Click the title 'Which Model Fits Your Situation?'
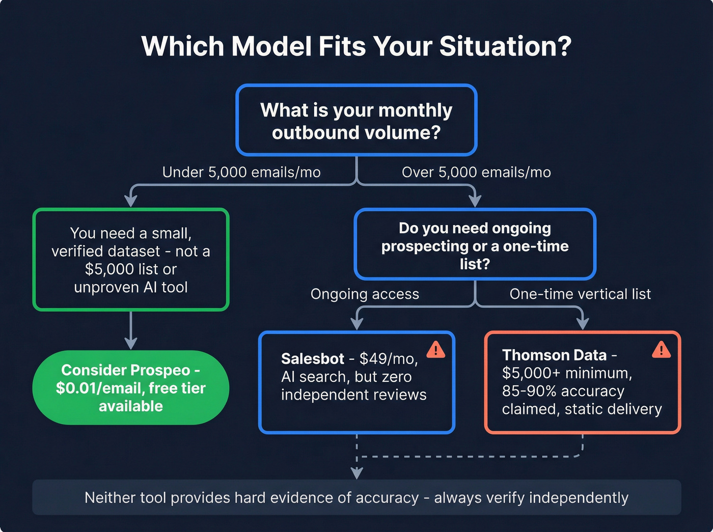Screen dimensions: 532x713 coord(356,46)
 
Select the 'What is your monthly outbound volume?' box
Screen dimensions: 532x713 coord(356,121)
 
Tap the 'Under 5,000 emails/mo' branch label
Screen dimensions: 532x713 coord(241,173)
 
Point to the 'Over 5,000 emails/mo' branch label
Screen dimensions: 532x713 coord(476,173)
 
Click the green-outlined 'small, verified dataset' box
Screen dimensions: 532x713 coord(131,260)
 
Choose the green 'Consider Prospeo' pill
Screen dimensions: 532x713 coord(131,388)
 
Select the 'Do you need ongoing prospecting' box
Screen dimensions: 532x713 coord(475,245)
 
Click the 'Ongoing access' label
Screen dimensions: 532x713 coord(365,294)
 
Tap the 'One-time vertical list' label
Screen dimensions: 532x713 coord(580,294)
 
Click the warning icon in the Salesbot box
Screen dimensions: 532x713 coord(435,350)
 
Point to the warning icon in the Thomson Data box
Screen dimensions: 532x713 coord(661,350)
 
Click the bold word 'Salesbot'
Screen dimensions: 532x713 coord(313,359)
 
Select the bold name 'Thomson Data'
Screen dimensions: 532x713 coord(554,355)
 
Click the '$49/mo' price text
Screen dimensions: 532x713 coord(388,359)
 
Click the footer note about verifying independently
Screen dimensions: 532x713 coord(356,497)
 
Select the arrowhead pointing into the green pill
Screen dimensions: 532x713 coord(131,344)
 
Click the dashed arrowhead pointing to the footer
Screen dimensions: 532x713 coord(357,473)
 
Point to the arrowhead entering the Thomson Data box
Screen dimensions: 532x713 coord(583,324)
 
